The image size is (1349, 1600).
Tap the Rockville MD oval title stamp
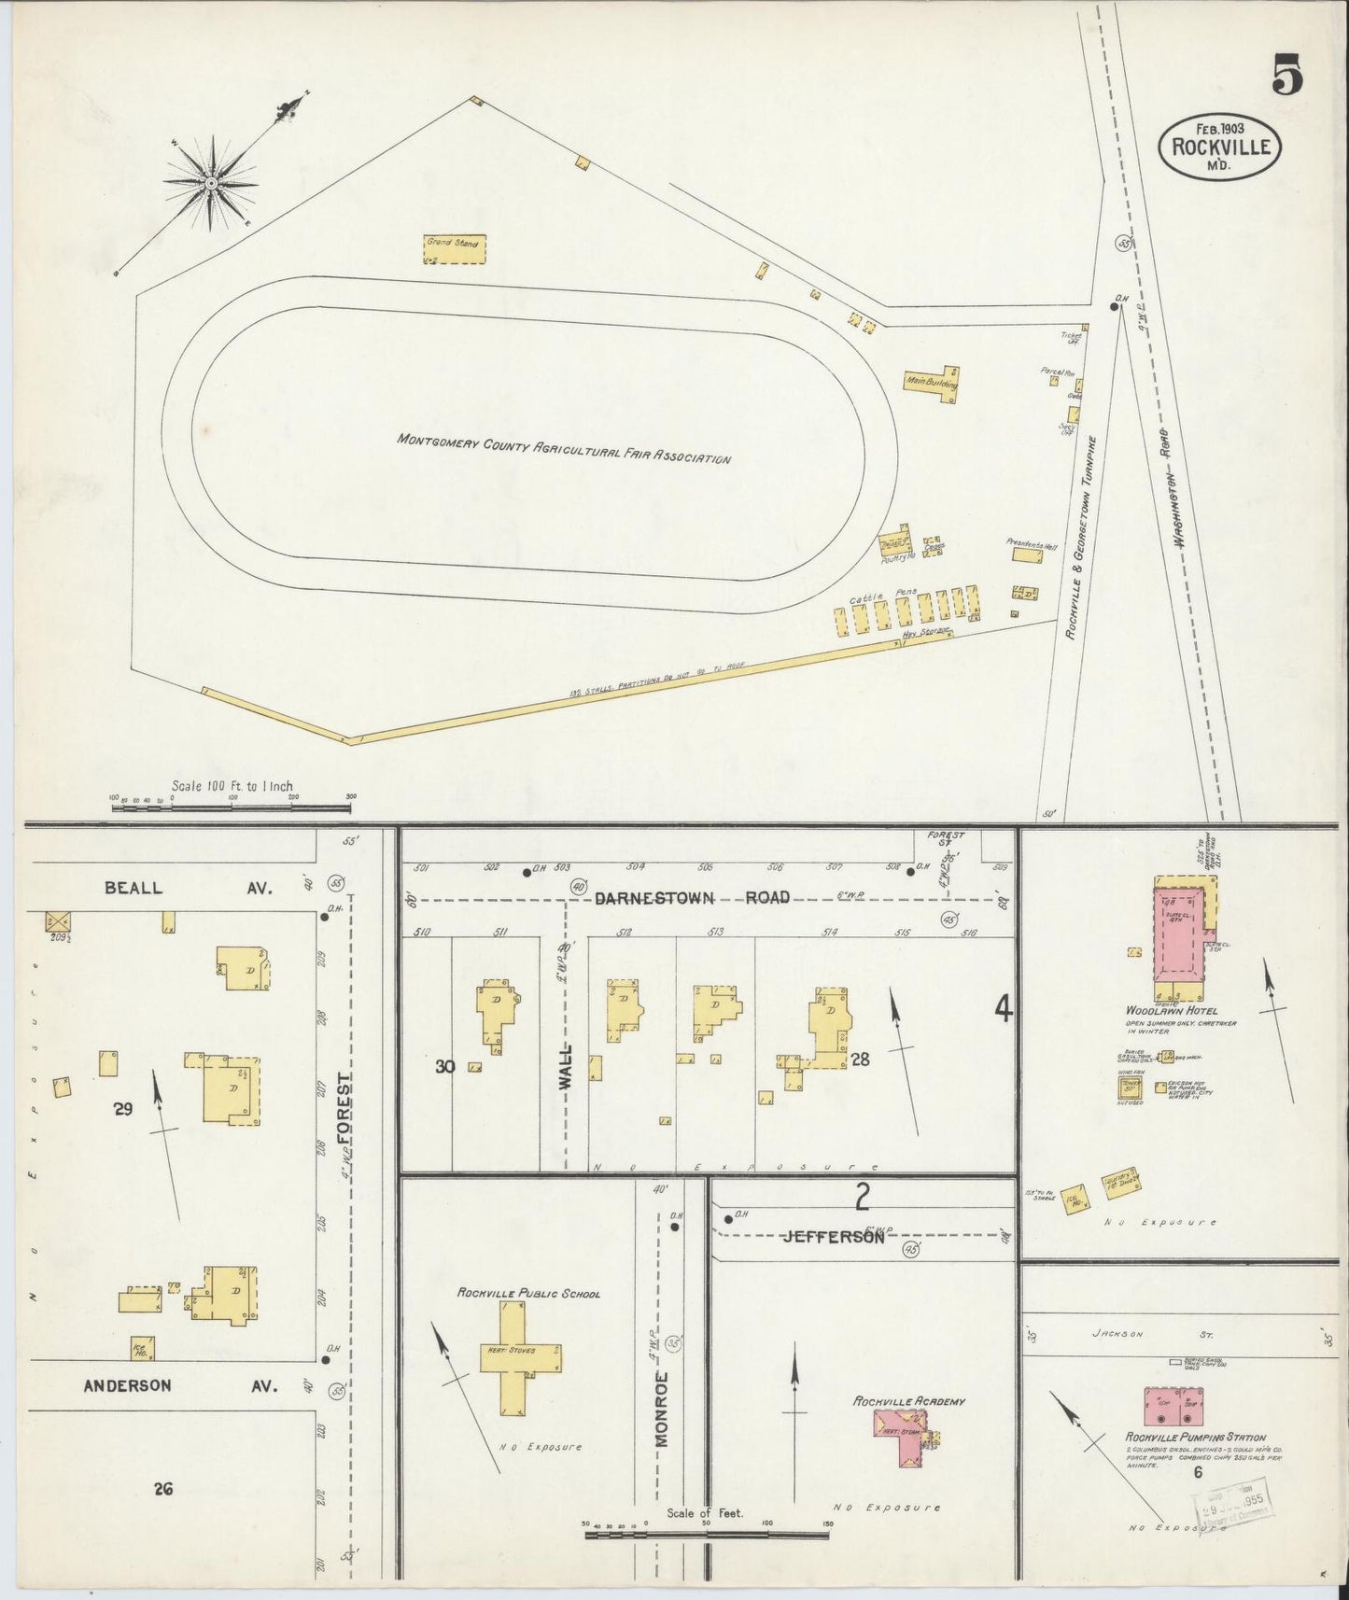pyautogui.click(x=1219, y=146)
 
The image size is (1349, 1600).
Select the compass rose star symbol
pyautogui.click(x=212, y=183)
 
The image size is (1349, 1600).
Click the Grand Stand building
pyautogui.click(x=454, y=248)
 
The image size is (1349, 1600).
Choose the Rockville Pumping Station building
pyautogui.click(x=1173, y=1406)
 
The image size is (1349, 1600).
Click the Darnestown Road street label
pyautogui.click(x=692, y=898)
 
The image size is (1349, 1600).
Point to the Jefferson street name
pyautogui.click(x=833, y=1237)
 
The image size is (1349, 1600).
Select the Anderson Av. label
pyautogui.click(x=180, y=1385)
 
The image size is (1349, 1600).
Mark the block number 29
pyautogui.click(x=123, y=1108)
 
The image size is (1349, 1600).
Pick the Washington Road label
pyautogui.click(x=1178, y=510)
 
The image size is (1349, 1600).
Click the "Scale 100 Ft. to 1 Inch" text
pyautogui.click(x=232, y=786)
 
